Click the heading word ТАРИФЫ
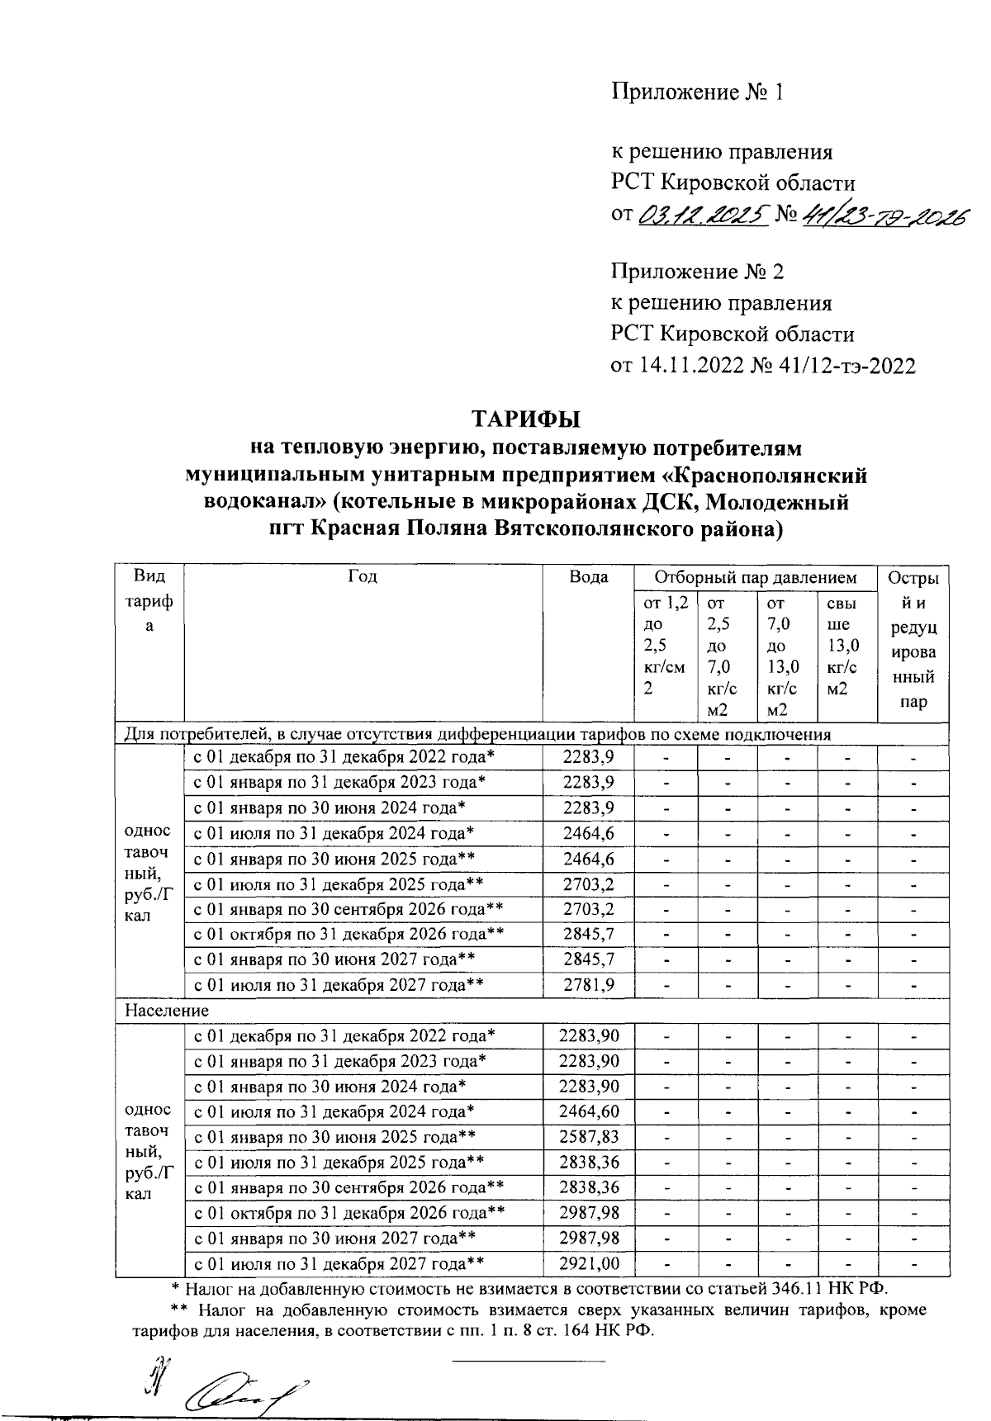click(x=526, y=419)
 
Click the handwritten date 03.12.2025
click(x=703, y=216)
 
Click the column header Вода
click(x=588, y=577)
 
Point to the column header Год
click(x=363, y=577)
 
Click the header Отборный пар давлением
click(x=755, y=577)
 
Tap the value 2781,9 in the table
click(x=588, y=985)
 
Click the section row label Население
click(x=167, y=1010)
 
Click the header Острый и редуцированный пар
click(x=913, y=640)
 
